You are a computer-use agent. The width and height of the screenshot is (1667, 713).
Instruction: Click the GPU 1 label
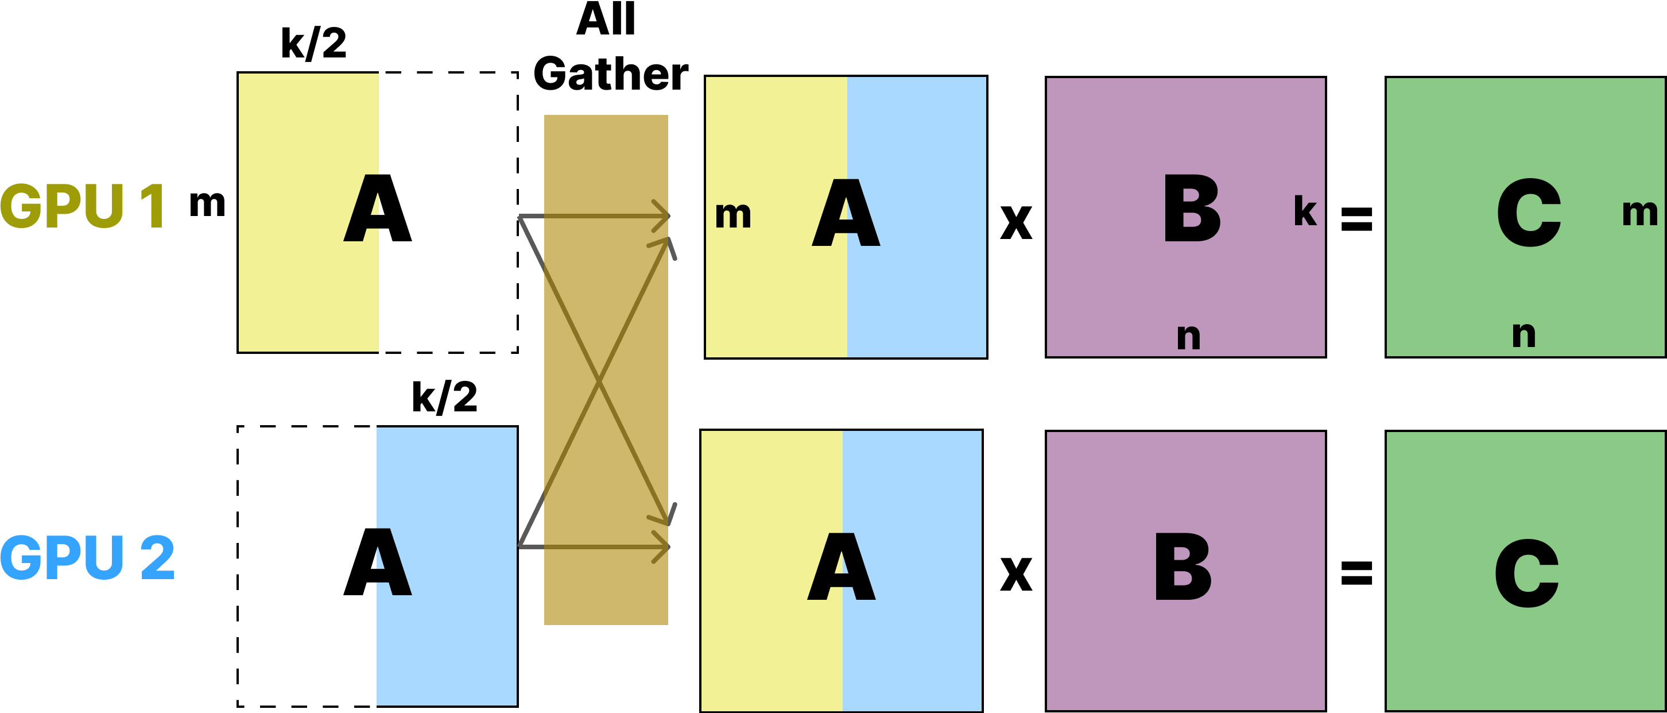(83, 206)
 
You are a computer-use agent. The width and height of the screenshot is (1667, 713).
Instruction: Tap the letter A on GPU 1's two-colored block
(845, 213)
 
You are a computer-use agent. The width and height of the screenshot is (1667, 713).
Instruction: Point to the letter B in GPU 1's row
(1191, 209)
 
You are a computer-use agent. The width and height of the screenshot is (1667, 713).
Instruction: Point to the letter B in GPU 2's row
(1183, 567)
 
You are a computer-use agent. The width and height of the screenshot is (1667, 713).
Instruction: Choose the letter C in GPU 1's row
(1528, 213)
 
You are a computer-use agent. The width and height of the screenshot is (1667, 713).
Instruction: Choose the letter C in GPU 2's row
(1526, 574)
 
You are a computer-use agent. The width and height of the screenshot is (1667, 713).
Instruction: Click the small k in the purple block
(1305, 212)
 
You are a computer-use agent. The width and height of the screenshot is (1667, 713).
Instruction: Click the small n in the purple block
(1188, 337)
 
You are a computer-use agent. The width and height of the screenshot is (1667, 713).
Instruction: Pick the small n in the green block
(1523, 335)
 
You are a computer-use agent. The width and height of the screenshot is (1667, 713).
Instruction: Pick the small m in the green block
(1639, 213)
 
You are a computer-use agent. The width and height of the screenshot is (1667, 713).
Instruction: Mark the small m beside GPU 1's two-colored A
(732, 215)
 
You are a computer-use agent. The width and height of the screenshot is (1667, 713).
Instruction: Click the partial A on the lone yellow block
(362, 209)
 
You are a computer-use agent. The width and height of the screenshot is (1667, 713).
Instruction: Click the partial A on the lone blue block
(393, 562)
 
